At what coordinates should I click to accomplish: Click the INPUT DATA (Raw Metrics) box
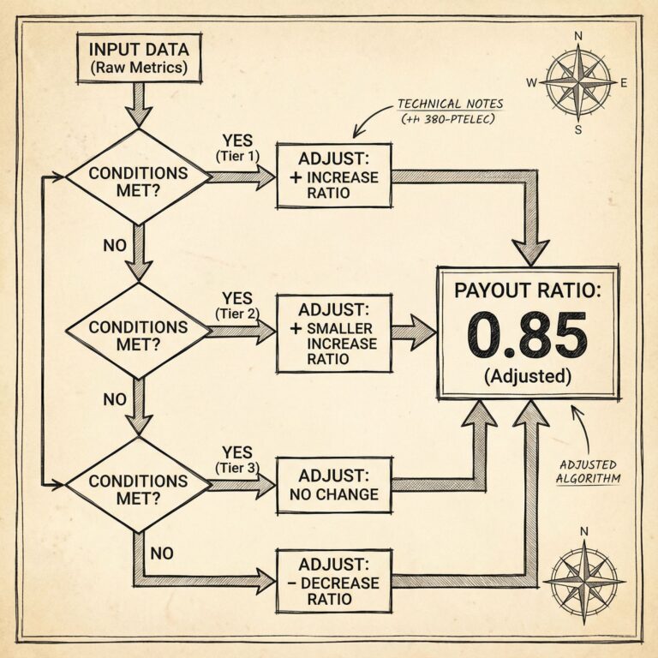pos(138,57)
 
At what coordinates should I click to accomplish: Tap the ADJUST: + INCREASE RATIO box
pos(333,176)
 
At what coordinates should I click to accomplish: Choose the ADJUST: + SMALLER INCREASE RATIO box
pos(333,333)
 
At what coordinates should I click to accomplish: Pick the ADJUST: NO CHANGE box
pos(333,484)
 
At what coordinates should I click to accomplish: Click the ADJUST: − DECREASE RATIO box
pos(333,580)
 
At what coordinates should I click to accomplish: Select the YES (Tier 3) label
pos(236,459)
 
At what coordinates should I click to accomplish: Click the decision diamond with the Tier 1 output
pos(138,176)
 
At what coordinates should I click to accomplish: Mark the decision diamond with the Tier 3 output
pos(138,485)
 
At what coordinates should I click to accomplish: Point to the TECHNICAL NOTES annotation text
pos(449,111)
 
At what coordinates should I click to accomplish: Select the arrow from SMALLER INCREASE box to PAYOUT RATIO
pos(413,332)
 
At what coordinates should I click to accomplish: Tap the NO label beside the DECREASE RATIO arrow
pos(162,553)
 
